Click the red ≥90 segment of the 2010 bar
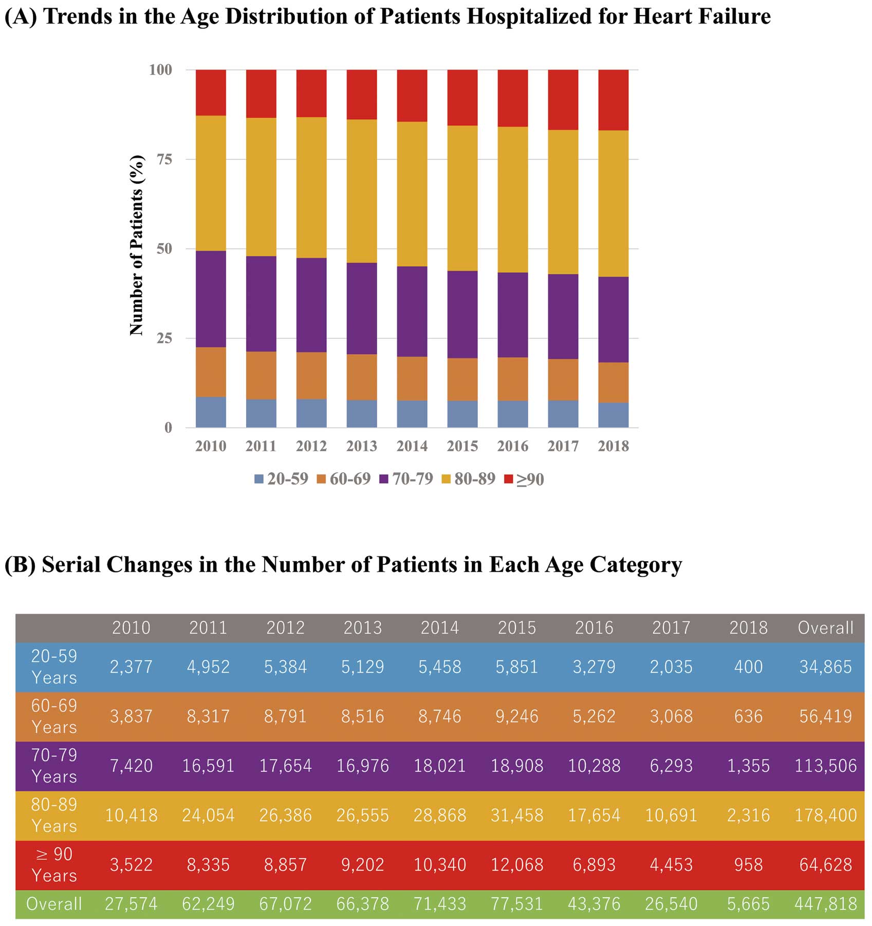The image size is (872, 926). coord(211,92)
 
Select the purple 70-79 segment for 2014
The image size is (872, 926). coord(412,311)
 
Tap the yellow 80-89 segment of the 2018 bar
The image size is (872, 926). coord(614,203)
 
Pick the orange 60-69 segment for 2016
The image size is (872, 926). coord(513,379)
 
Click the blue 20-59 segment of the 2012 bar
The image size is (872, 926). coord(311,413)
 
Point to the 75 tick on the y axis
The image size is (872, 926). coord(164,159)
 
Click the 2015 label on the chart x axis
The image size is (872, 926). coord(462,446)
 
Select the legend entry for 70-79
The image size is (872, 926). coord(406,479)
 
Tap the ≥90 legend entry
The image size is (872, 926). coord(524,479)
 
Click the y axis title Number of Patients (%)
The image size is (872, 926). coord(136,246)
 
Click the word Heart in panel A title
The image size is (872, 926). coord(659,16)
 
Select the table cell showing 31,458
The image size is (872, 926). coord(517,815)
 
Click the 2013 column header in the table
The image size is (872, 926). coord(363,627)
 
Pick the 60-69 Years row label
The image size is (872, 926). coord(54,716)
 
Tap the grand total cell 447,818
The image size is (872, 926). coord(826,904)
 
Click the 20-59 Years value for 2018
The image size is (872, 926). coord(749,666)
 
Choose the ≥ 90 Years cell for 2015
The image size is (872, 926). coord(517,864)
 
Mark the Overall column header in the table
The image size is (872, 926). coord(826,627)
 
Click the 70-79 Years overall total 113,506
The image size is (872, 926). coord(826,766)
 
